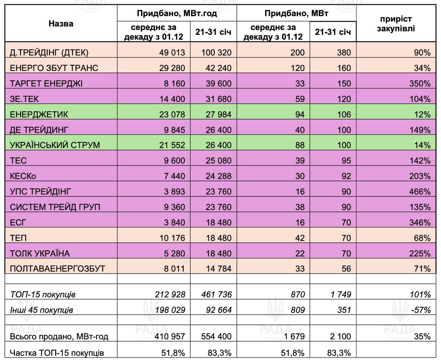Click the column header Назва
(x=61, y=23)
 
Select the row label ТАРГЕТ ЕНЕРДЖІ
(x=46, y=83)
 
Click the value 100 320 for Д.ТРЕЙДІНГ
(x=216, y=52)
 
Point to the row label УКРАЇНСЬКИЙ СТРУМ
(x=55, y=145)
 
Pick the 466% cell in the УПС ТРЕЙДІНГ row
(x=420, y=191)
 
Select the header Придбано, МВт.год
(x=177, y=13)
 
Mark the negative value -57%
(x=421, y=310)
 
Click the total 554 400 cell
(x=216, y=336)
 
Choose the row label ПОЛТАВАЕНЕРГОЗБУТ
(x=58, y=268)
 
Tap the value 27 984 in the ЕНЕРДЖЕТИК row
(x=218, y=114)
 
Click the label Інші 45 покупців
(x=41, y=310)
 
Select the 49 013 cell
(x=172, y=52)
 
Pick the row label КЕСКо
(x=23, y=176)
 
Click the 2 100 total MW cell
(x=340, y=336)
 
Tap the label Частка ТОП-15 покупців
(x=57, y=352)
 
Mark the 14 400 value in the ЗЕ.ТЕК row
(x=172, y=99)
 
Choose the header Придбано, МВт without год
(x=296, y=13)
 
